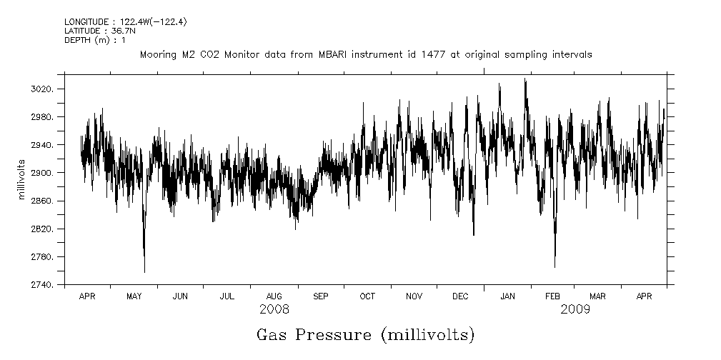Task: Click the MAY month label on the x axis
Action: click(134, 296)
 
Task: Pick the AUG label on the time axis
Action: click(274, 296)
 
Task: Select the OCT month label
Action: click(367, 296)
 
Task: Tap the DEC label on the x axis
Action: click(460, 296)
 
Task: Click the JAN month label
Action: click(507, 296)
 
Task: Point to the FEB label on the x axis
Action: click(553, 296)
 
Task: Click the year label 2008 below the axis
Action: click(274, 309)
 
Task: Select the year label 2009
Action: click(575, 309)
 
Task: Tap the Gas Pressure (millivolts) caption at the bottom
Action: click(365, 334)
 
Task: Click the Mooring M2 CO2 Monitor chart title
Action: click(365, 54)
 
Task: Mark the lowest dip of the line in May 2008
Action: click(144, 272)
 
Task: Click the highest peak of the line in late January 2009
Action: click(525, 79)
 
